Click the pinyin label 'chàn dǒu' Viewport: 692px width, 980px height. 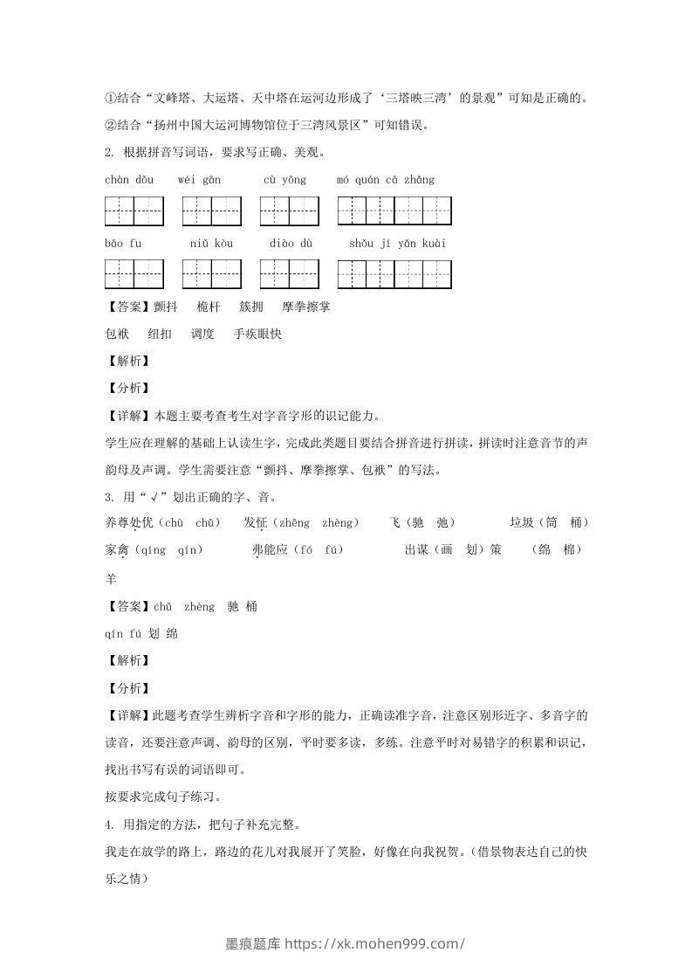click(x=128, y=180)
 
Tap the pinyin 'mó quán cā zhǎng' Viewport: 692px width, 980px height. click(x=385, y=180)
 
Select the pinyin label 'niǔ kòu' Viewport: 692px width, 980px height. click(x=211, y=243)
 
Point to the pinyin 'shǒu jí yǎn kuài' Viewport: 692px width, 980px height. click(x=397, y=243)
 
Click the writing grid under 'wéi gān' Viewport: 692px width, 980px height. click(x=211, y=211)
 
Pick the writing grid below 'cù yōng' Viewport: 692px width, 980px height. click(x=289, y=211)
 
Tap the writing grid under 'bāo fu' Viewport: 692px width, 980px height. click(x=134, y=274)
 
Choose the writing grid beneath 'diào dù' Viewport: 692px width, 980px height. click(x=289, y=274)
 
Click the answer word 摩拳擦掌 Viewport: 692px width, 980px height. click(x=305, y=307)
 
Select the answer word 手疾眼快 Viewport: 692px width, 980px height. click(x=257, y=334)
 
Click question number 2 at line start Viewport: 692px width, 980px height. click(x=107, y=153)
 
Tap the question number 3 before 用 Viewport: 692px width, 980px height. click(x=107, y=498)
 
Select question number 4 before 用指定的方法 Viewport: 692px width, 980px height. click(x=107, y=825)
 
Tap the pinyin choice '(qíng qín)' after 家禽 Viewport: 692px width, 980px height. click(x=169, y=550)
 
